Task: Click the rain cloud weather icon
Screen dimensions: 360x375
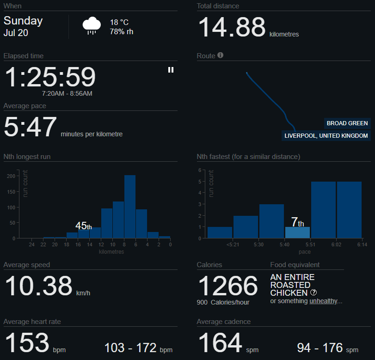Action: [92, 26]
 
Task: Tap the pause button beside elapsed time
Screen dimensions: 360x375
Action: [171, 70]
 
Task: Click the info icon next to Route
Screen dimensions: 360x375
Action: [221, 55]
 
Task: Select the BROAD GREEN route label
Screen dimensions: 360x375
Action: [347, 123]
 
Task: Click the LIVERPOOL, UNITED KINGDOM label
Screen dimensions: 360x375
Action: [326, 136]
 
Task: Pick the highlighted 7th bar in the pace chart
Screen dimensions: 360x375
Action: [297, 232]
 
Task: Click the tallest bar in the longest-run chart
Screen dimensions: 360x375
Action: [130, 207]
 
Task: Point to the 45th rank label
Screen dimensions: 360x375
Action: [83, 226]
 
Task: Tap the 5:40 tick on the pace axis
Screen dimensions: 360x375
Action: [285, 245]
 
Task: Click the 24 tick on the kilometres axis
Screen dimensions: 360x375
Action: [31, 245]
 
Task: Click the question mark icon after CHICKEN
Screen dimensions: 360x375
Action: [314, 293]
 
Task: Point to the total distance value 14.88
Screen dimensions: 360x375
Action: [232, 27]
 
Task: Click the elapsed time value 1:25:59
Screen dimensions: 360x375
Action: [50, 77]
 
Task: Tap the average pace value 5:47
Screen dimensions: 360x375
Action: [30, 127]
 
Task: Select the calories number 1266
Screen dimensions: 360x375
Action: [227, 286]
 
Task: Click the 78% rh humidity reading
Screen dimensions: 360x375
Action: [122, 31]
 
